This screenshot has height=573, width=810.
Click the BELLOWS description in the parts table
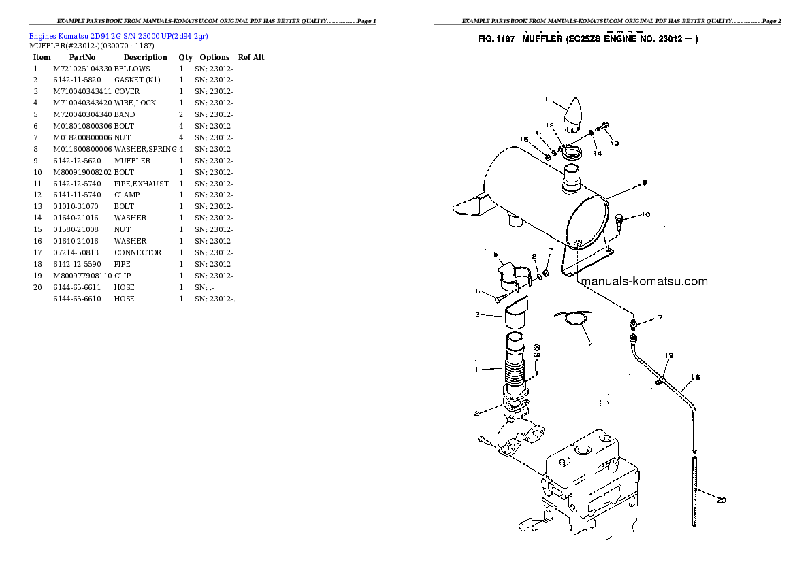pyautogui.click(x=132, y=69)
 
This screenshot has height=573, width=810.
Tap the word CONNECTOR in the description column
pyautogui.click(x=138, y=252)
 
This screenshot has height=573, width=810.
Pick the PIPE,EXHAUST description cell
pyautogui.click(x=142, y=184)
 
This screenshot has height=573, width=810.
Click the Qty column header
pyautogui.click(x=185, y=57)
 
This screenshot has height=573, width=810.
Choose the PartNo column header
pyautogui.click(x=82, y=57)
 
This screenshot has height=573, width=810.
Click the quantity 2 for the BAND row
pyautogui.click(x=181, y=114)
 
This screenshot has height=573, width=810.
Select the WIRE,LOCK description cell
pyautogui.click(x=135, y=103)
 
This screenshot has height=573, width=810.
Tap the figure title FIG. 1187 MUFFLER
pyautogui.click(x=589, y=39)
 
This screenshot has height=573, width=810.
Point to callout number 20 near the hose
pyautogui.click(x=722, y=501)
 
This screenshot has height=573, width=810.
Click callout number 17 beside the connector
pyautogui.click(x=658, y=317)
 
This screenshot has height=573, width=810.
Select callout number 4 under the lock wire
pyautogui.click(x=590, y=345)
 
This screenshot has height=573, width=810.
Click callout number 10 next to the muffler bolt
pyautogui.click(x=645, y=215)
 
